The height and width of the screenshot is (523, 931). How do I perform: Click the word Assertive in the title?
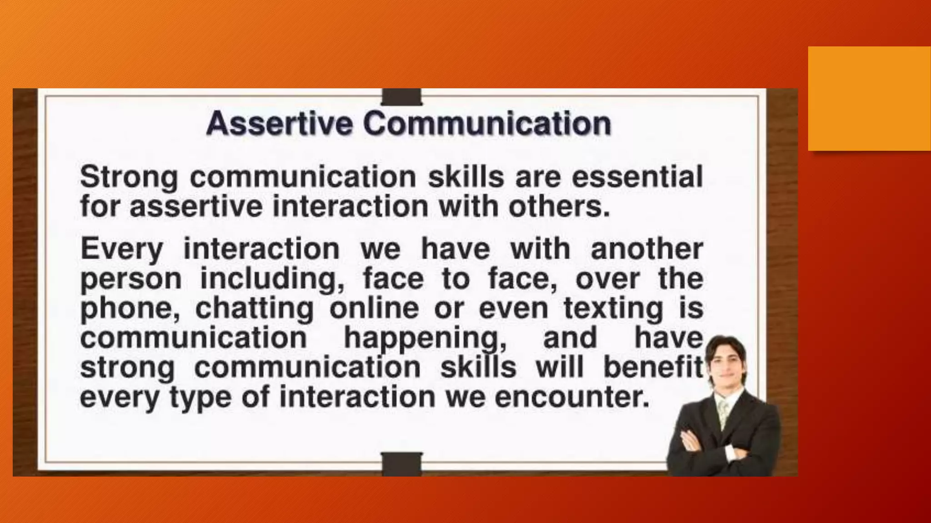coord(279,123)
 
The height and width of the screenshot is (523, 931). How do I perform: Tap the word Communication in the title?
coord(487,123)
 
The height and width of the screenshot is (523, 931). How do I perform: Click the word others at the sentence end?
coord(559,207)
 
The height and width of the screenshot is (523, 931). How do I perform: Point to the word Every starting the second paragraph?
coord(121,250)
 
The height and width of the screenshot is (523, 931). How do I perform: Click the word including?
coord(272,279)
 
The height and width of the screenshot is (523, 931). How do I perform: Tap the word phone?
coord(132,309)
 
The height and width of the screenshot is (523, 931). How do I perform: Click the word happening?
coord(425,339)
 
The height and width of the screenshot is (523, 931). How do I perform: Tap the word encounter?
coord(571,397)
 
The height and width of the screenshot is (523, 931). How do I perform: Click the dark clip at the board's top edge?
coord(401,97)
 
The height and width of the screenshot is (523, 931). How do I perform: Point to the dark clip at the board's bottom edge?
coord(401,464)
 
